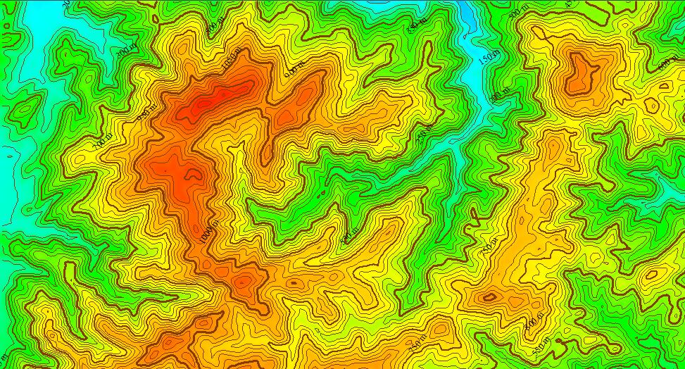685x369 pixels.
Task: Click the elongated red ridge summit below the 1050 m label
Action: [x=215, y=99]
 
